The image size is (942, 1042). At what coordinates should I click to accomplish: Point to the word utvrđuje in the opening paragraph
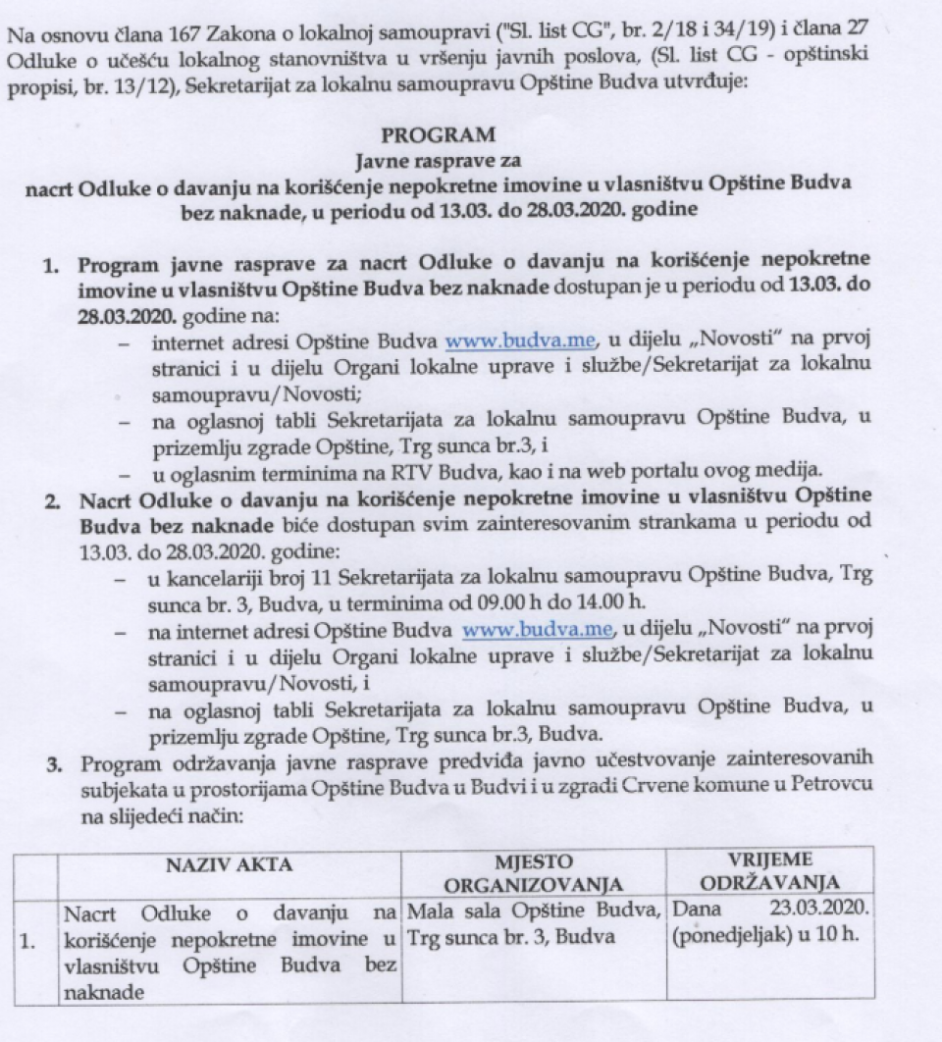[712, 84]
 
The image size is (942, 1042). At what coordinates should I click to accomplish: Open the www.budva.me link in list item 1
[497, 342]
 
